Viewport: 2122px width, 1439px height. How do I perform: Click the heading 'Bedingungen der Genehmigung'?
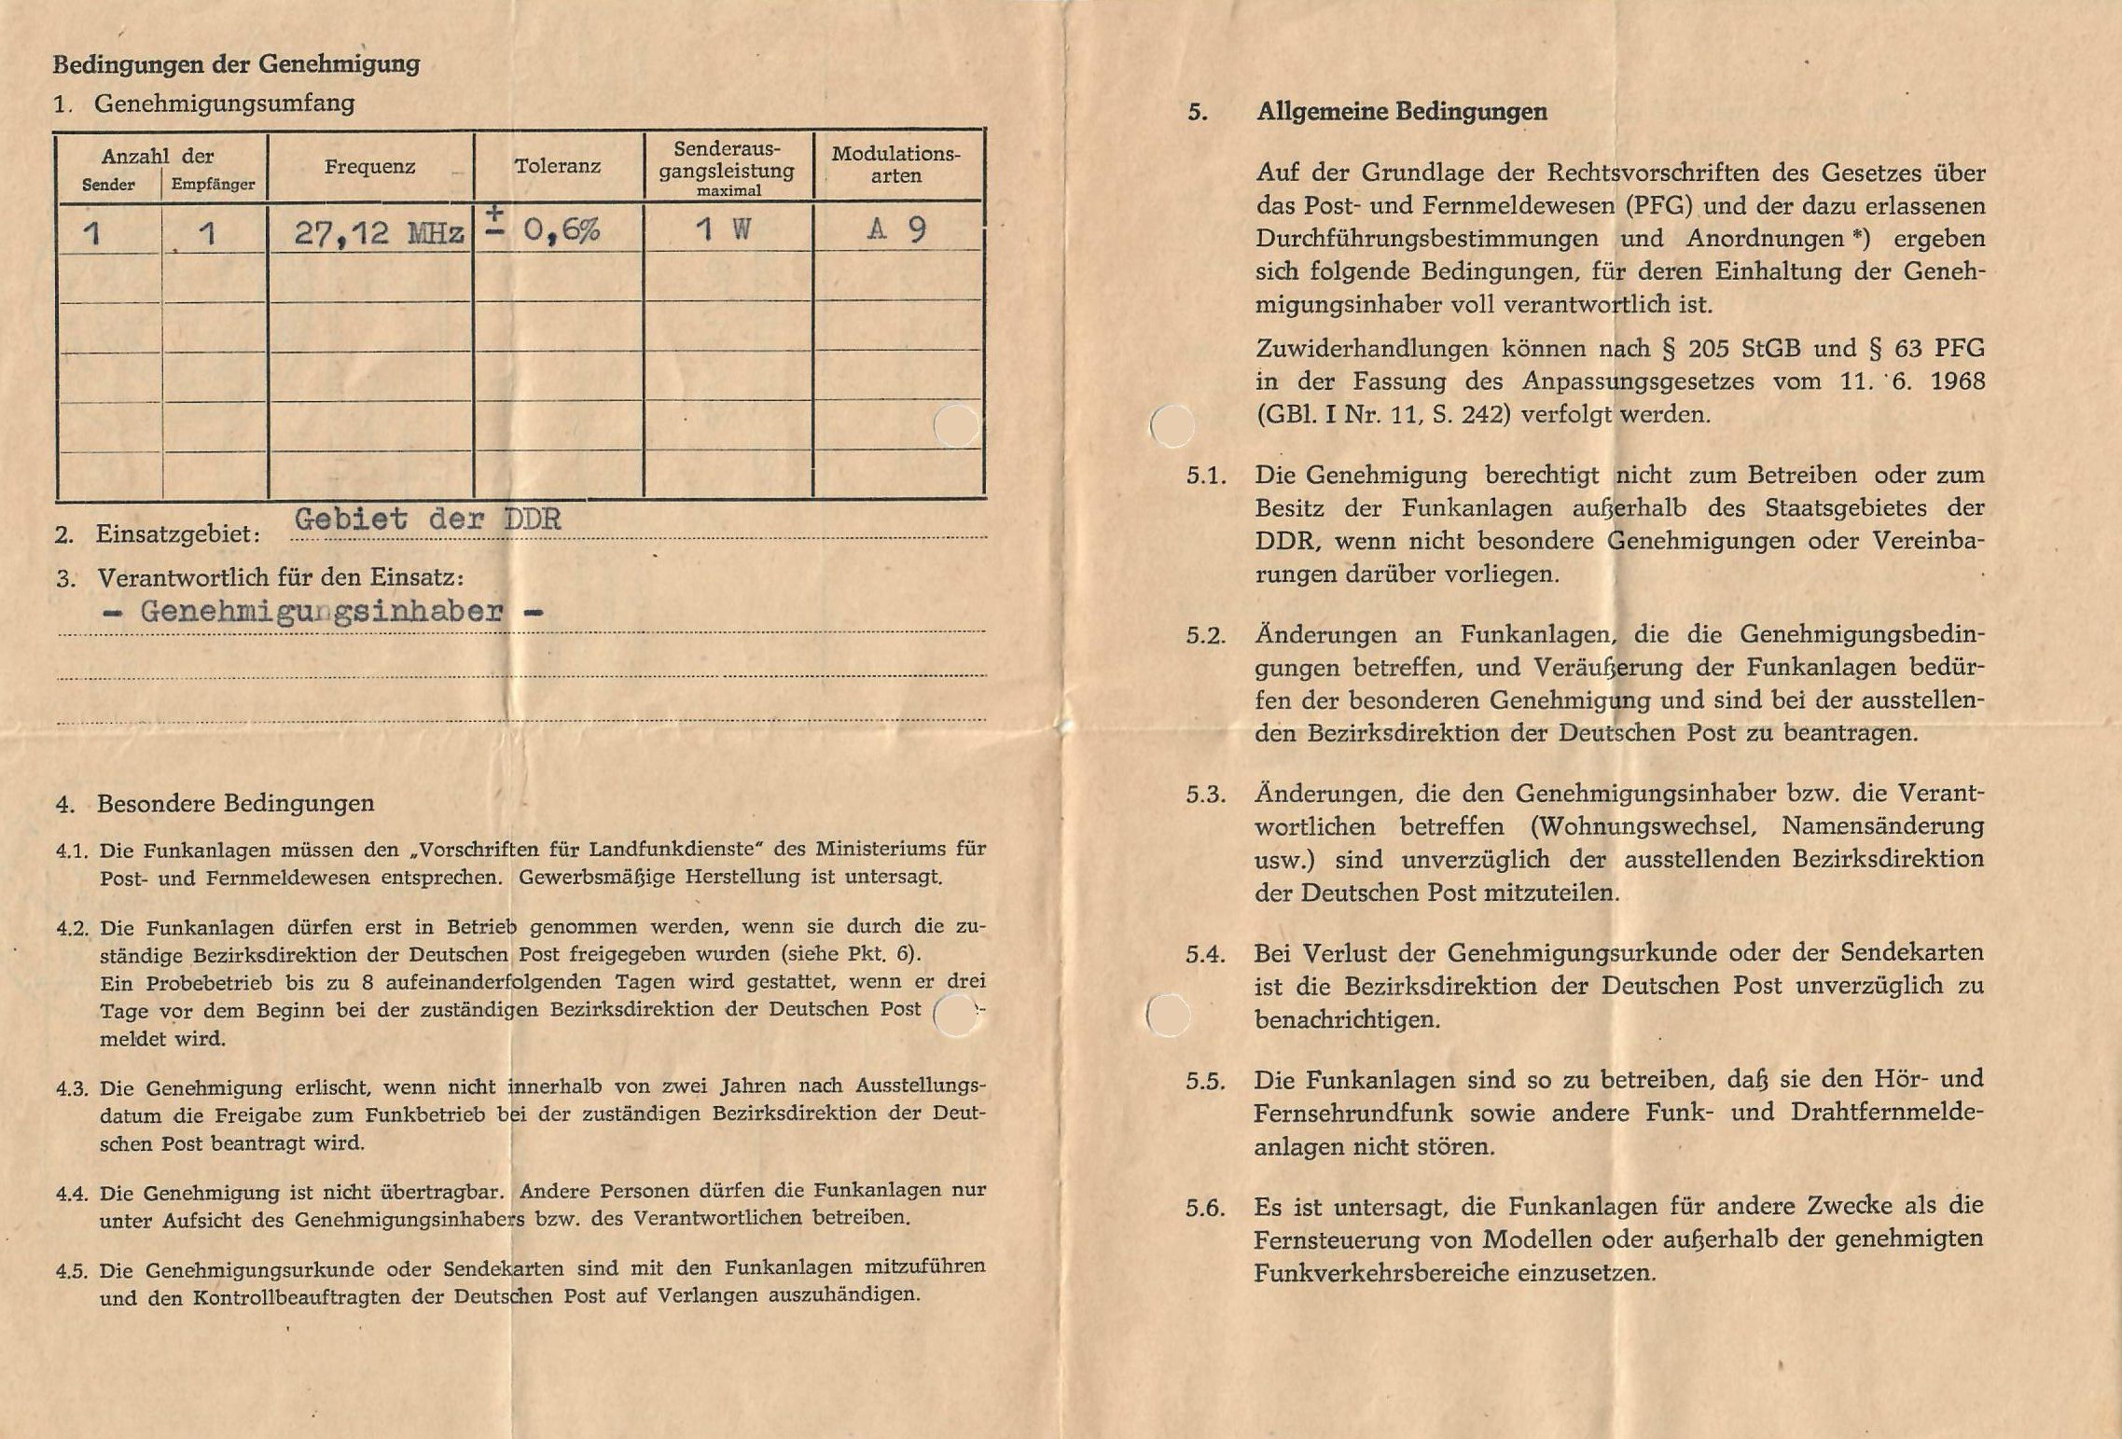(236, 64)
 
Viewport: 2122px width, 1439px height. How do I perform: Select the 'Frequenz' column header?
(369, 167)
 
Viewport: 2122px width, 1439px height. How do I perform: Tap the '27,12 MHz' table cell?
(378, 232)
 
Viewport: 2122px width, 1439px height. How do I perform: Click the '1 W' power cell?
(722, 229)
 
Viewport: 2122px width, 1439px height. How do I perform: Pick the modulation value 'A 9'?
(895, 229)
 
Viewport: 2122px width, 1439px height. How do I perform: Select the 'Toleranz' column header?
(557, 167)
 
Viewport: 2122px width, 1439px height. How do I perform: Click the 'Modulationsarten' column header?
(895, 165)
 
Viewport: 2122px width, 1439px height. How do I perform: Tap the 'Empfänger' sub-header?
(213, 185)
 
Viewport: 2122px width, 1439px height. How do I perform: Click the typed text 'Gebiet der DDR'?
(428, 519)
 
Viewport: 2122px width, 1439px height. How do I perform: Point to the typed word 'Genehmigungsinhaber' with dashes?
(321, 612)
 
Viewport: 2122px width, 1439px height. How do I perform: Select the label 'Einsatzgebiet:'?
(177, 535)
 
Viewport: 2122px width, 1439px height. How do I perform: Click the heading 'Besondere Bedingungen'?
(235, 804)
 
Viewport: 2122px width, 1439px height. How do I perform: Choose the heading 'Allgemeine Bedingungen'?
(1401, 112)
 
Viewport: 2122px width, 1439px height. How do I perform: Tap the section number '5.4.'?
(1205, 955)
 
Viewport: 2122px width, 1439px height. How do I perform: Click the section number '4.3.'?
(72, 1088)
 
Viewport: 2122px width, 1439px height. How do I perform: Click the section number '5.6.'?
(1204, 1209)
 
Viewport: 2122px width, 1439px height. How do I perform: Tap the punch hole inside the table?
(956, 426)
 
